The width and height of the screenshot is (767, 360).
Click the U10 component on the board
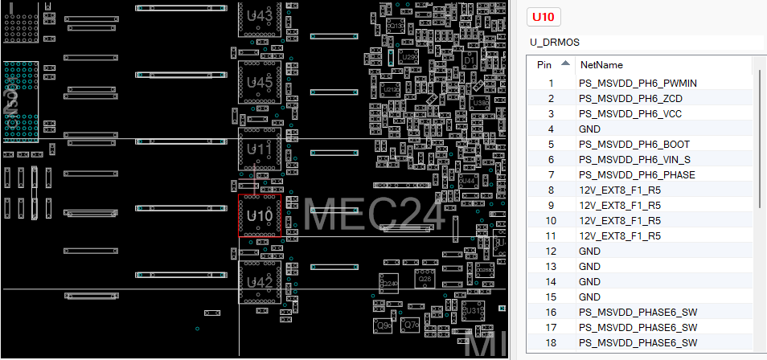tap(260, 215)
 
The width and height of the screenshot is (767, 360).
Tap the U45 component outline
tap(260, 83)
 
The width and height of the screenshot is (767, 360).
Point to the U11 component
tap(260, 149)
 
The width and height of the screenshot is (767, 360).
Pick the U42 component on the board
tap(260, 282)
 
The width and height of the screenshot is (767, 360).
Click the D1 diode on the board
tap(470, 61)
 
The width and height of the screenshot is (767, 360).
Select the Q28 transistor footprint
tap(425, 279)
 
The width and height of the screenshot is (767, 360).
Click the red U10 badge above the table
tap(543, 17)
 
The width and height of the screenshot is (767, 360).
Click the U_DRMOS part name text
tap(554, 42)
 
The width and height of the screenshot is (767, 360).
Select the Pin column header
tap(544, 64)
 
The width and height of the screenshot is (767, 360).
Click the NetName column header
tap(601, 64)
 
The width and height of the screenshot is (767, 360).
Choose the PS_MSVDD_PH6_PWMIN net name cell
tap(638, 83)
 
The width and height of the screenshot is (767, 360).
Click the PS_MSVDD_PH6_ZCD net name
tap(631, 98)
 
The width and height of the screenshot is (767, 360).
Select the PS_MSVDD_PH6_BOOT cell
tap(634, 144)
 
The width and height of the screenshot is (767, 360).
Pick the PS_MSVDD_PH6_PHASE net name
tap(637, 174)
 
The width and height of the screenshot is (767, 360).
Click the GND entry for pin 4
tap(589, 129)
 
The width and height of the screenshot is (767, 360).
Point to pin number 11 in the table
tap(550, 235)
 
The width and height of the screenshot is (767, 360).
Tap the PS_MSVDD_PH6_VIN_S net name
tap(634, 159)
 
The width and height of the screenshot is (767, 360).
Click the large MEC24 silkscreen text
tap(375, 215)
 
